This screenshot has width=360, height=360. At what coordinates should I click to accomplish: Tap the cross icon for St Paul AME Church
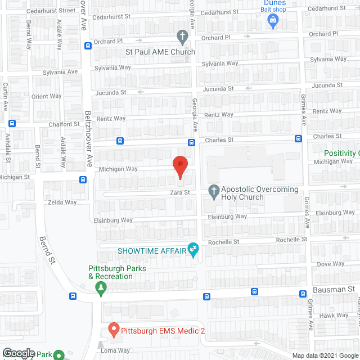(x=182, y=38)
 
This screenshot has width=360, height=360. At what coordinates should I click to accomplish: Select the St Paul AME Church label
(x=160, y=52)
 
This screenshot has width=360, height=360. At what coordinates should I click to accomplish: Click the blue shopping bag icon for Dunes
(x=273, y=22)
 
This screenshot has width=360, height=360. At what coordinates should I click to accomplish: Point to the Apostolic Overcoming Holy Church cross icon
(x=213, y=191)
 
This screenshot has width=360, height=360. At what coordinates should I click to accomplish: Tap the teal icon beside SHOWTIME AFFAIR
(x=193, y=249)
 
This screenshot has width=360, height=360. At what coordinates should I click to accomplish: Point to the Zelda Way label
(x=62, y=202)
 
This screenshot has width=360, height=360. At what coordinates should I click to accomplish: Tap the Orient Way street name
(x=47, y=96)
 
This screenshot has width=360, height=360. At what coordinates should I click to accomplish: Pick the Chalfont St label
(x=64, y=124)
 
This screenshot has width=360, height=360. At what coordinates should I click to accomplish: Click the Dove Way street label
(x=331, y=264)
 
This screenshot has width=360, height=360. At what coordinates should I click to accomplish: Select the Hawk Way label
(x=335, y=316)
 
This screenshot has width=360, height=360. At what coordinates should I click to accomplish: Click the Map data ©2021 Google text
(x=325, y=355)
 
